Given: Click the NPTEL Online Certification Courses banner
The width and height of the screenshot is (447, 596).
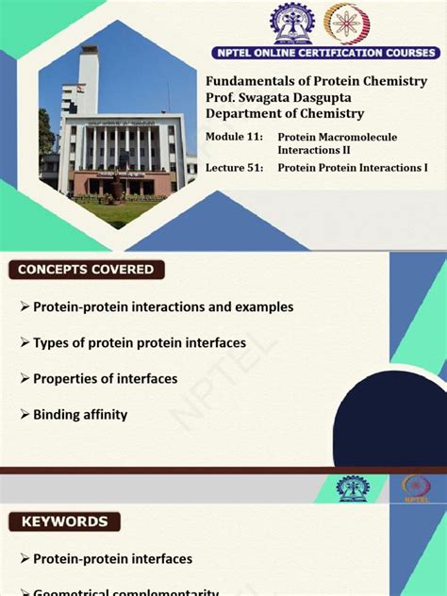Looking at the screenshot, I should pos(316,53).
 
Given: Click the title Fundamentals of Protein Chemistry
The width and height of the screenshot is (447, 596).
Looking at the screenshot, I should pos(316,82).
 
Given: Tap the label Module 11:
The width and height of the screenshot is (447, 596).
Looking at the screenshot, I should pos(234,138).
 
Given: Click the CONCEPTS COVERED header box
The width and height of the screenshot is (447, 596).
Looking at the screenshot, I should pos(86,270).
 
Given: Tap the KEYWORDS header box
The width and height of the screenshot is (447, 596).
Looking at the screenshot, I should pos(64,521).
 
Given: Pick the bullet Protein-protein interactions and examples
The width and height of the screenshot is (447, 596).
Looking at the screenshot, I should pos(162,307).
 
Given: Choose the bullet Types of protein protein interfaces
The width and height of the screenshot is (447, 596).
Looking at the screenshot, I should pos(139,343).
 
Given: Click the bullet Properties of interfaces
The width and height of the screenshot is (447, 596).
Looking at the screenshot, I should pos(105,379).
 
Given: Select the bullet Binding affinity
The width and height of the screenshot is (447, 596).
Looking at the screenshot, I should pos(80,414).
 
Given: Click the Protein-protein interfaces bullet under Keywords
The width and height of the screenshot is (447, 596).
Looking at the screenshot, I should pos(112,559).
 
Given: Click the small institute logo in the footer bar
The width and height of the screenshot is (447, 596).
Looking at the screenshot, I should pos(355,488).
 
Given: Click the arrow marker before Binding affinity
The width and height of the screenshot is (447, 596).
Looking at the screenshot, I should pos(25,414).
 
